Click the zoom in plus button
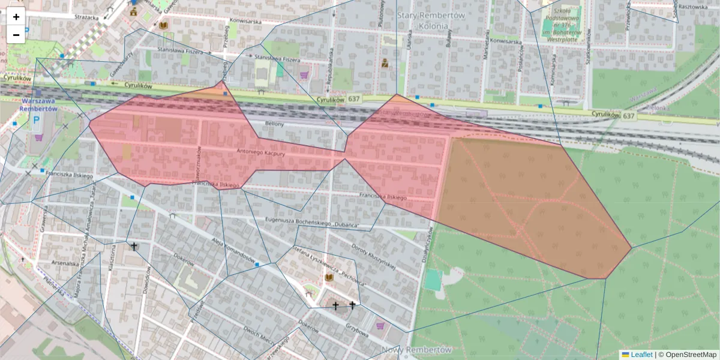[16, 17]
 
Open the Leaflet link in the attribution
[641, 355]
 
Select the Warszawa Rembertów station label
[38, 105]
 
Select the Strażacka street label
[86, 17]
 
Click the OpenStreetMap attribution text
[691, 355]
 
